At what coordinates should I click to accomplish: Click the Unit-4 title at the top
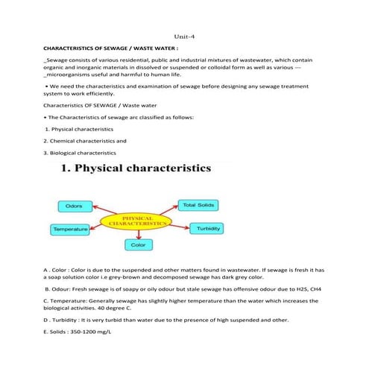184,35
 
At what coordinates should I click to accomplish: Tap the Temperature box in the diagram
70,228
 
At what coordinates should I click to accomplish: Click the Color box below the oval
138,244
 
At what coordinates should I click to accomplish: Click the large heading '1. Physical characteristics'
135,171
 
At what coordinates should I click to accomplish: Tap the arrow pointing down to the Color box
138,234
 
